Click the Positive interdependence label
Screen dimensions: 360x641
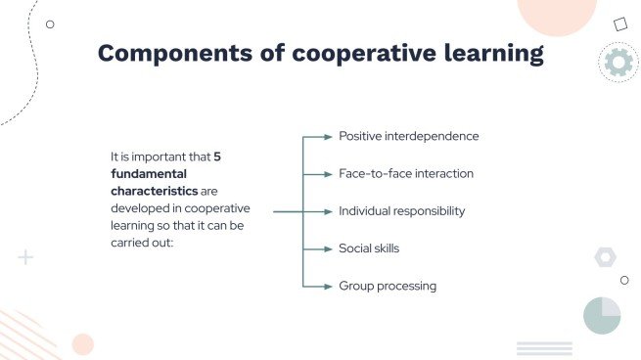click(408, 136)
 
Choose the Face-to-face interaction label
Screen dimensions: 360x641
click(405, 173)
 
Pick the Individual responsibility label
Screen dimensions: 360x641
click(401, 210)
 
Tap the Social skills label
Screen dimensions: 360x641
click(369, 248)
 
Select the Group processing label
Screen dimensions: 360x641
click(388, 286)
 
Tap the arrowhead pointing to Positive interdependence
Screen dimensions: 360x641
click(329, 136)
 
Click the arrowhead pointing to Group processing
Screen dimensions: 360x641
click(329, 286)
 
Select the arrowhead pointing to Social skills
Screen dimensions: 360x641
click(329, 248)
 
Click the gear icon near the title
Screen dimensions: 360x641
click(618, 63)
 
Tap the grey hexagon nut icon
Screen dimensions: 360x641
click(605, 257)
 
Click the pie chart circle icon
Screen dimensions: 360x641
click(602, 315)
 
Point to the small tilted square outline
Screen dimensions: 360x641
click(619, 24)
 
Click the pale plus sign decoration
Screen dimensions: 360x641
click(25, 257)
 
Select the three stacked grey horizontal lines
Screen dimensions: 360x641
click(544, 348)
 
